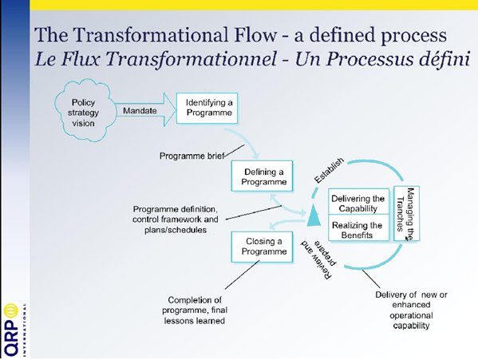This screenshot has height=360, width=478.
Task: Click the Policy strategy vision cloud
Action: [84, 110]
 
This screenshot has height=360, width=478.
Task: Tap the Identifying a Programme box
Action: [207, 109]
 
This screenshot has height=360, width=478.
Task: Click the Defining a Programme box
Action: [263, 176]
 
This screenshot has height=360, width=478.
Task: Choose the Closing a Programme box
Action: [263, 247]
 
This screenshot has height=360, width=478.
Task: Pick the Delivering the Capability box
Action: [358, 201]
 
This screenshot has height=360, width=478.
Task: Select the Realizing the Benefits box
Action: [358, 227]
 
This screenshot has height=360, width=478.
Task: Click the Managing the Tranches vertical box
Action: [407, 213]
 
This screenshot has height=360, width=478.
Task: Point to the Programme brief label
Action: [192, 156]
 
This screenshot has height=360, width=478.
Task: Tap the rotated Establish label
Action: [329, 171]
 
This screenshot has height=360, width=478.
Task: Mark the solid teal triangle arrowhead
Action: [314, 215]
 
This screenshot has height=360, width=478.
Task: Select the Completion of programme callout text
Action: [195, 311]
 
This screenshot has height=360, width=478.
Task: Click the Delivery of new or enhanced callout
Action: [411, 310]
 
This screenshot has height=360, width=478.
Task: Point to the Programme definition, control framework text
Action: [176, 220]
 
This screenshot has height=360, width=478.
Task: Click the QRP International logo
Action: [14, 329]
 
